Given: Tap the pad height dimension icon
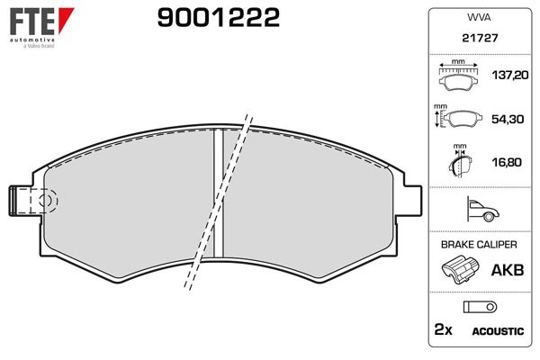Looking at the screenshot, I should coord(457,119).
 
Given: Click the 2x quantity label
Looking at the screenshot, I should coord(443,331).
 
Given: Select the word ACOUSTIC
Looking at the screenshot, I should coord(498,332).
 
